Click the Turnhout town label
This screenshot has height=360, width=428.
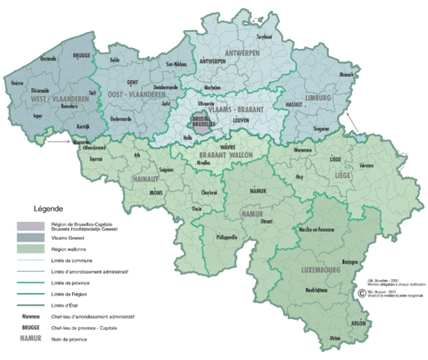[263, 37]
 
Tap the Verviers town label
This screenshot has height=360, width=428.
[366, 167]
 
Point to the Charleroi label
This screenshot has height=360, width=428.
[210, 192]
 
